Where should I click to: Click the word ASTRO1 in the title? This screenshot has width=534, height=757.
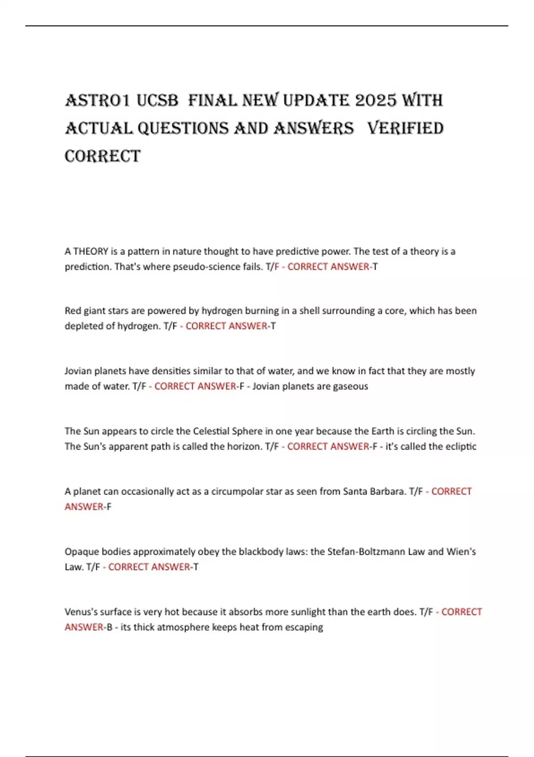97,101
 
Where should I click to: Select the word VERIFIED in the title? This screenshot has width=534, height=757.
405,129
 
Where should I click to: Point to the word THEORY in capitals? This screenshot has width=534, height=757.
91,252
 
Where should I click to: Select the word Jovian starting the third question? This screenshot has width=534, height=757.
78,371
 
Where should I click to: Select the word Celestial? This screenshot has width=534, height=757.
211,431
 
